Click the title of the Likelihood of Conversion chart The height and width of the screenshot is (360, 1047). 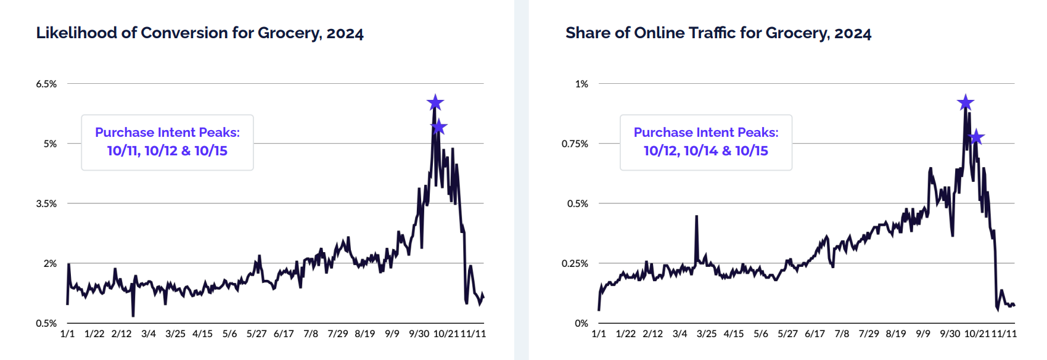200,33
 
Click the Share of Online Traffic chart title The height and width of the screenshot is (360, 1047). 718,33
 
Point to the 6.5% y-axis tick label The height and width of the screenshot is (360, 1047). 46,84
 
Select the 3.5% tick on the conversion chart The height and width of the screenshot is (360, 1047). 46,203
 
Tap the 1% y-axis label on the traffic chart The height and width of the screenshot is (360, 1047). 581,84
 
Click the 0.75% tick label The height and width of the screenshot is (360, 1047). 575,144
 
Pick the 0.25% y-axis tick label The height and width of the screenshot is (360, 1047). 575,263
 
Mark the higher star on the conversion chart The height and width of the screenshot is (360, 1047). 435,102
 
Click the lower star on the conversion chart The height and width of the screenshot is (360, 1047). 438,127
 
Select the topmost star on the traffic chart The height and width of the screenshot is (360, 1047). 966,102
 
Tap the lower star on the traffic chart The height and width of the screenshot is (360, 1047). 976,137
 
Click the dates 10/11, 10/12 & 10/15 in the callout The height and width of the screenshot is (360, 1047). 167,150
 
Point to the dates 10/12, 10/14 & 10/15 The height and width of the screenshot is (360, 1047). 706,150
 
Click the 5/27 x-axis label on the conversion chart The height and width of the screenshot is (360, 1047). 257,333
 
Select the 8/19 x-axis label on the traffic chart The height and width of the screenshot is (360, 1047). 896,333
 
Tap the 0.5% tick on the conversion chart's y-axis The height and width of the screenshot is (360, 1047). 46,323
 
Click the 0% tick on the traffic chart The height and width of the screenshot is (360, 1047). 581,323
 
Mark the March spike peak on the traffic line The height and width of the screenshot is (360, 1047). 696,216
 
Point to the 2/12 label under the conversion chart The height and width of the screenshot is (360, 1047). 121,333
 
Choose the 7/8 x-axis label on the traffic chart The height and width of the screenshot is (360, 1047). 842,333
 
